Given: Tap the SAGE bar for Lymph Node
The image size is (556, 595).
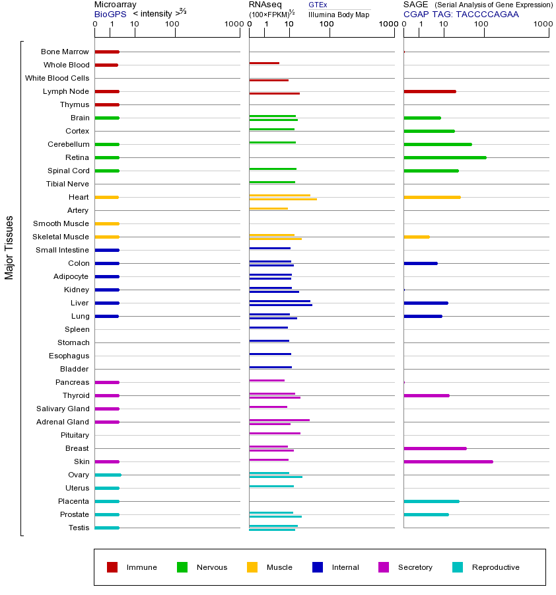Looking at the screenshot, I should coord(429,91).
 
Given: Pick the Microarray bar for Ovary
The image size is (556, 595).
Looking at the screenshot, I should coord(108,475).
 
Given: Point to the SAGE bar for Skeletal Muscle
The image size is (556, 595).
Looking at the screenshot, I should coord(416,237).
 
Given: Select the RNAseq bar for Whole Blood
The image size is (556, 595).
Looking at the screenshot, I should coord(264,63).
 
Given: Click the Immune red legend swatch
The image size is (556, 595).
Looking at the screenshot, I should coord(112,567).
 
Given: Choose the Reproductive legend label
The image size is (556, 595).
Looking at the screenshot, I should coord(495,567).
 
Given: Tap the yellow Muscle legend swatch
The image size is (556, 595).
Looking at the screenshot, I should coord(252,567).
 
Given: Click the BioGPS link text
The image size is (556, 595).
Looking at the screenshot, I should coord(109,14).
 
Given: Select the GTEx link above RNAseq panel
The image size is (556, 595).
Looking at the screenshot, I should coord(318,5).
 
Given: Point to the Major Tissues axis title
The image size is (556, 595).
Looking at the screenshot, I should coord(9,247).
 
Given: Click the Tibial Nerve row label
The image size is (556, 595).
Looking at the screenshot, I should coord(67,184).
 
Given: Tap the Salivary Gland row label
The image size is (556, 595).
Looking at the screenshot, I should coord(63,409).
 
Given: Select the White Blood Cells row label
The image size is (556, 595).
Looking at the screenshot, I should coord(57,78).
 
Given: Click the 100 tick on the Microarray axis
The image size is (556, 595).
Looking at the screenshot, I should coord(172,24).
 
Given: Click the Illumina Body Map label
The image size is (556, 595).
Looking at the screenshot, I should coord(339,15).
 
